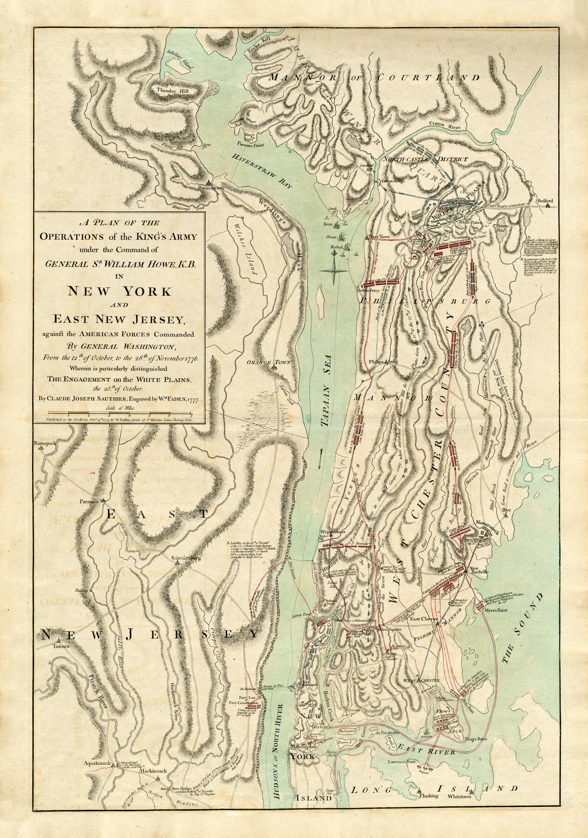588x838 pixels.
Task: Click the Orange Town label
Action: (x=268, y=362)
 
